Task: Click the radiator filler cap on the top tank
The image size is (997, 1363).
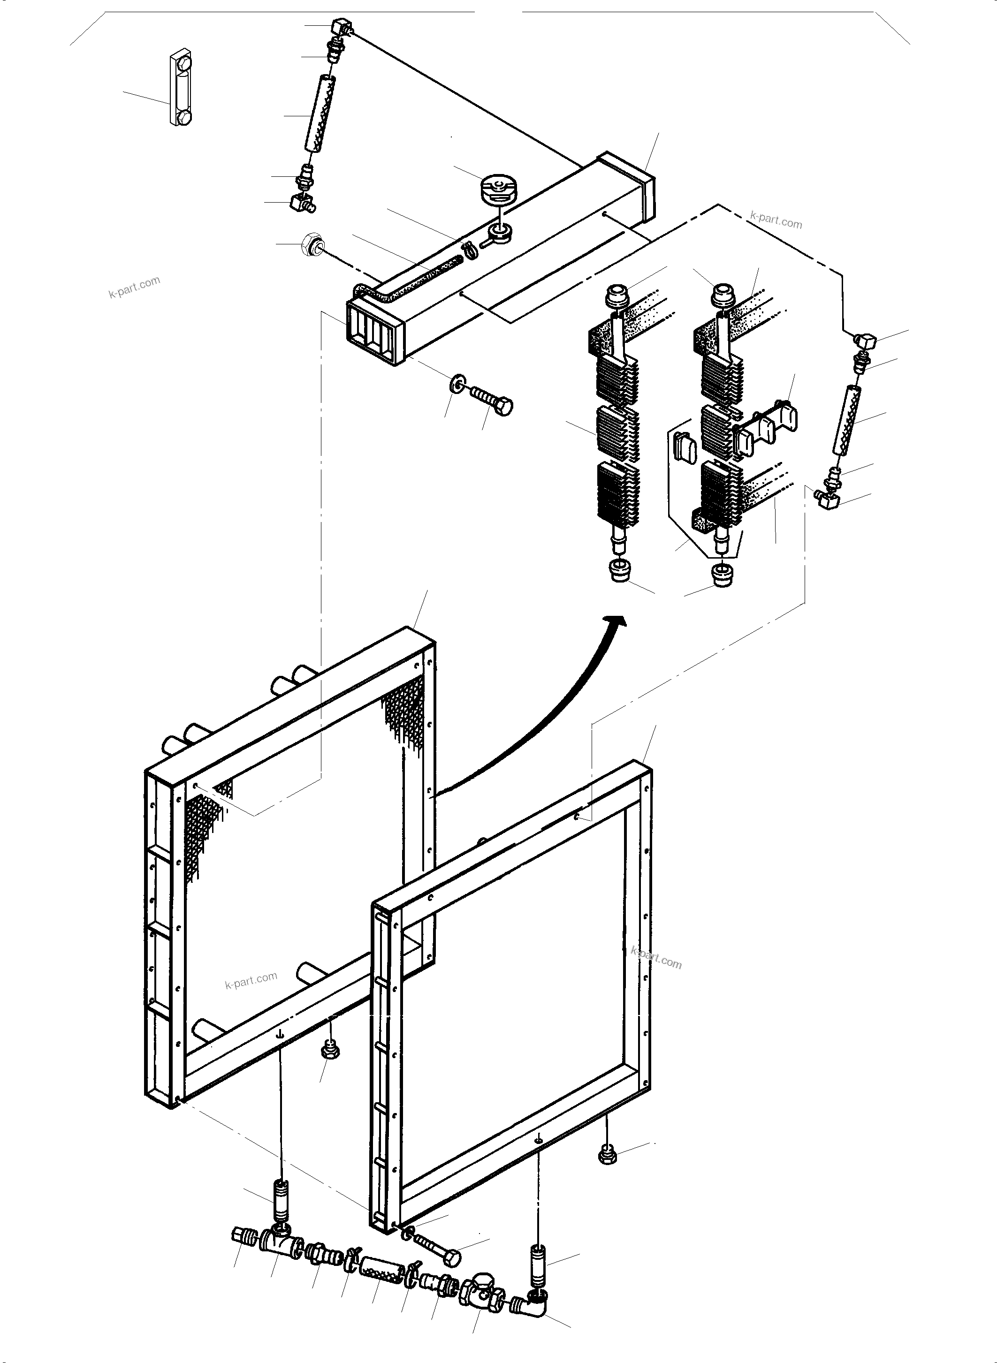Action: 498,188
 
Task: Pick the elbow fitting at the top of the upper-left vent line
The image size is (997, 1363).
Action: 341,28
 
